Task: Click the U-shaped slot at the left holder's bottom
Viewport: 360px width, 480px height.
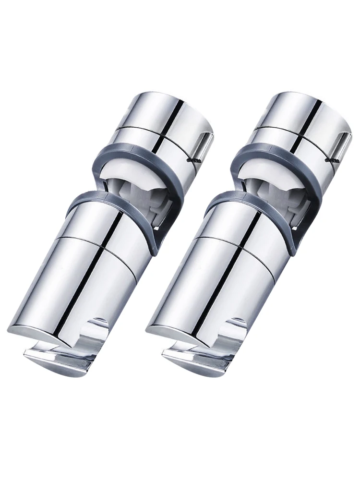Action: tap(98, 331)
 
